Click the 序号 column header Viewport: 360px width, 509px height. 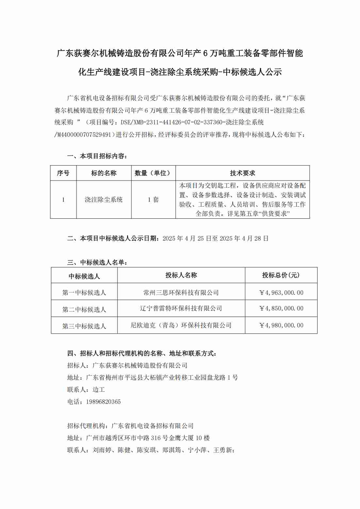point(63,173)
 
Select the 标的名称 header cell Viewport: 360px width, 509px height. point(104,173)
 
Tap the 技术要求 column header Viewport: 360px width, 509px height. point(242,173)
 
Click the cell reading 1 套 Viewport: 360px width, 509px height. point(153,199)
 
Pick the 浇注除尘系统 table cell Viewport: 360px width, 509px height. point(104,199)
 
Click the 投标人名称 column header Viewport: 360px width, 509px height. point(181,275)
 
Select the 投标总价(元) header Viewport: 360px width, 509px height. point(281,275)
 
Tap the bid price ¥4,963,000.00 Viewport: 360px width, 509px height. point(281,293)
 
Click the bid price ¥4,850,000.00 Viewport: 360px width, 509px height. point(281,309)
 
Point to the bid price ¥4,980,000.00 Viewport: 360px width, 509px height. point(281,325)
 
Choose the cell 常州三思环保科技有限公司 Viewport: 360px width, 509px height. point(181,293)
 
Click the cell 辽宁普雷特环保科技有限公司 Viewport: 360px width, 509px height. point(181,309)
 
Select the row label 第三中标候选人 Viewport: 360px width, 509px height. point(84,326)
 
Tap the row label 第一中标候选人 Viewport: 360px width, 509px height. point(84,293)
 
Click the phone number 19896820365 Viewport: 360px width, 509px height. point(103,402)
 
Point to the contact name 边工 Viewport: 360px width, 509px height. point(99,390)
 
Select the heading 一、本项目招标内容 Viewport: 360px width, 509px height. point(97,156)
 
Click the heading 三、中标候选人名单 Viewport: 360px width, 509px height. point(97,262)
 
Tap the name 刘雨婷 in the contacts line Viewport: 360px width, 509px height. point(102,450)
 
